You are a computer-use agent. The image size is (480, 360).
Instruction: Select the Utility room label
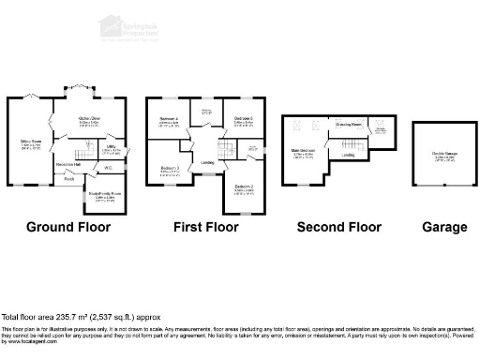click(x=111, y=146)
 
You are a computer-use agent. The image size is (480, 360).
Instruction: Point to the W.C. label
click(x=109, y=169)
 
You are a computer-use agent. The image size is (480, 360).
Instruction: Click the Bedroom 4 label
click(x=169, y=120)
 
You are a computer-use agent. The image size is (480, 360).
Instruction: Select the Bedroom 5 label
click(x=244, y=120)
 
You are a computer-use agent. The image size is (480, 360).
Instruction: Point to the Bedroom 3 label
click(x=170, y=169)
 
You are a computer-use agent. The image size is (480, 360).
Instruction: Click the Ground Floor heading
click(x=67, y=227)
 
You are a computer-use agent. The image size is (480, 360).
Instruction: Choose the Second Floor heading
click(x=338, y=227)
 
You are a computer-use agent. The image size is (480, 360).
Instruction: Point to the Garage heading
click(x=443, y=227)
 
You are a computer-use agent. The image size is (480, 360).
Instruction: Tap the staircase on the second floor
click(x=351, y=142)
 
